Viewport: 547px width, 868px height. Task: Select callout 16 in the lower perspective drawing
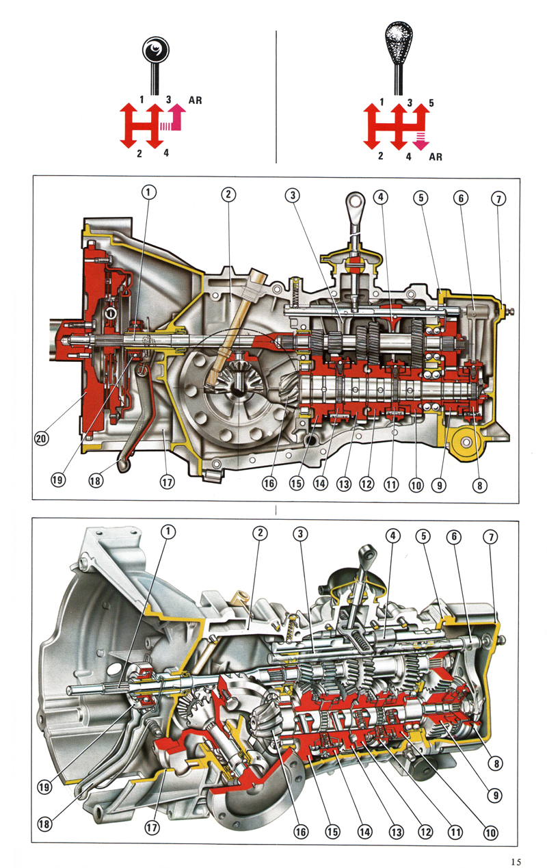(299, 832)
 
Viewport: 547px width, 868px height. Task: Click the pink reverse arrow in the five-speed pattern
(420, 141)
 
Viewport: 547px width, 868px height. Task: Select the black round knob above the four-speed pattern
(157, 50)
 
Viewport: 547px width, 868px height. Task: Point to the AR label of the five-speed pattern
(435, 157)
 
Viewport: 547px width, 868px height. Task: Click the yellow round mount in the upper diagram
(464, 443)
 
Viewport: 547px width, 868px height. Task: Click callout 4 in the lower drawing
(392, 537)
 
